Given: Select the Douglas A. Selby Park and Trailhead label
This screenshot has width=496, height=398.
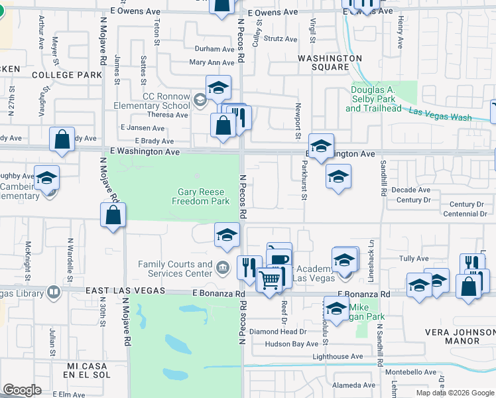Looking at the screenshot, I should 373,99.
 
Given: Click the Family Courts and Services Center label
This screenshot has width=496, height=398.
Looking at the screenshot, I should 175,269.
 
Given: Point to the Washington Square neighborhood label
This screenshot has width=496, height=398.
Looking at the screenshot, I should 330,62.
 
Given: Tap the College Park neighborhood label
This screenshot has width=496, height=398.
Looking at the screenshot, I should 67,75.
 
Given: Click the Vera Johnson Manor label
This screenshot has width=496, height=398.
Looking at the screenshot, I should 453,336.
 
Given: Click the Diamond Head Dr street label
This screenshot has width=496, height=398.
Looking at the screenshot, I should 278,332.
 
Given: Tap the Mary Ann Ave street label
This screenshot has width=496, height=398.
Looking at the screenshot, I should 212,63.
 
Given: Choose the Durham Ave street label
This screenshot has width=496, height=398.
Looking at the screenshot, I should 214,49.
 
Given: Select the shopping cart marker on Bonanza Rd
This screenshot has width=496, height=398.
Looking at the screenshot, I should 270,280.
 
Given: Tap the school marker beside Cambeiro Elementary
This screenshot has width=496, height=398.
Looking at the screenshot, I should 47,178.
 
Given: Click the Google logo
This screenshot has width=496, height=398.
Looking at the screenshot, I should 22,390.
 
